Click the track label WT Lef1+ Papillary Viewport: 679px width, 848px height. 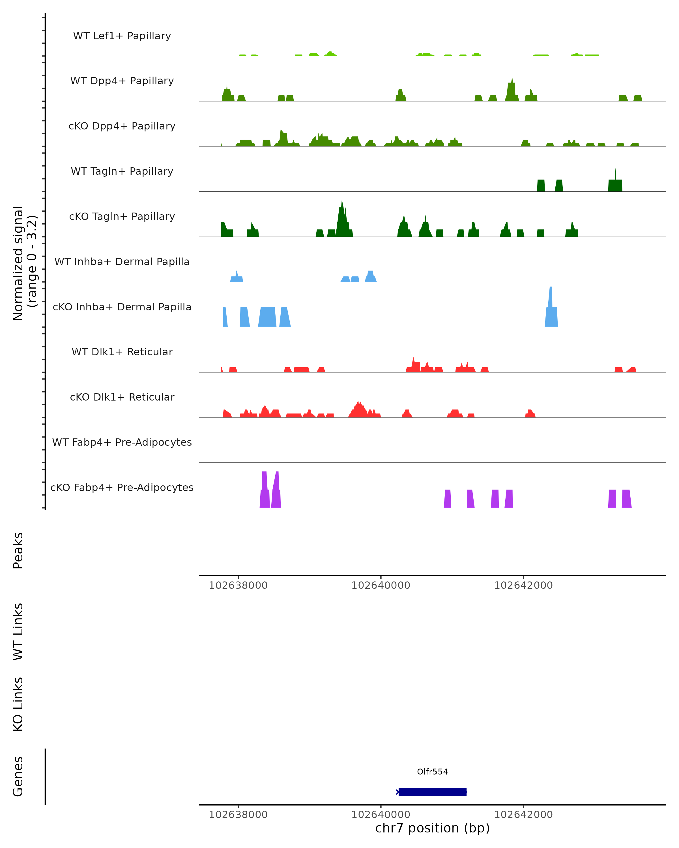pyautogui.click(x=122, y=36)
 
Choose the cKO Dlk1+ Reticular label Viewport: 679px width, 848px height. pyautogui.click(x=122, y=397)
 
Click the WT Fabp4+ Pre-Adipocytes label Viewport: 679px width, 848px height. pyautogui.click(x=122, y=442)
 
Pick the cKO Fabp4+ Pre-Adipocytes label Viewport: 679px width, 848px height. pyautogui.click(x=122, y=487)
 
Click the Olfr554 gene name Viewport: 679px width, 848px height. pyautogui.click(x=432, y=772)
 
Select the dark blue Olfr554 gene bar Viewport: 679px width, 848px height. pyautogui.click(x=432, y=792)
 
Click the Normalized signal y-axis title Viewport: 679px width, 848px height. pyautogui.click(x=24, y=263)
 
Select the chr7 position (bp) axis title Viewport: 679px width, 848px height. pyautogui.click(x=432, y=828)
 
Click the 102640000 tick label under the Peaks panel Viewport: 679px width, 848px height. pyautogui.click(x=381, y=585)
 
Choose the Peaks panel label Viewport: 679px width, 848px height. pyautogui.click(x=18, y=550)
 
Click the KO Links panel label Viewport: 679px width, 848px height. pyautogui.click(x=18, y=704)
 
